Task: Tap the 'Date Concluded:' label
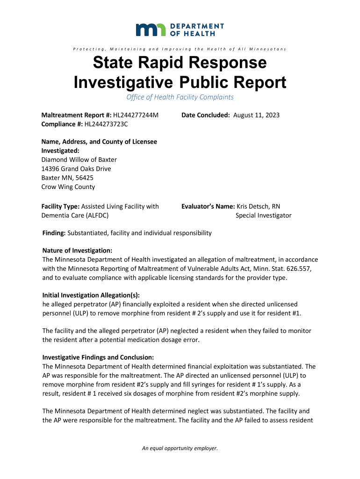(x=205, y=115)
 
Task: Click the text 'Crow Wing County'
(x=68, y=187)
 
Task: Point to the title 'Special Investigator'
(x=263, y=215)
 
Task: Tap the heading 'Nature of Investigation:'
(x=77, y=251)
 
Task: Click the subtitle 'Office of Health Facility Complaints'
(x=180, y=97)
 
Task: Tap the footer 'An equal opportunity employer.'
(x=180, y=449)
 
